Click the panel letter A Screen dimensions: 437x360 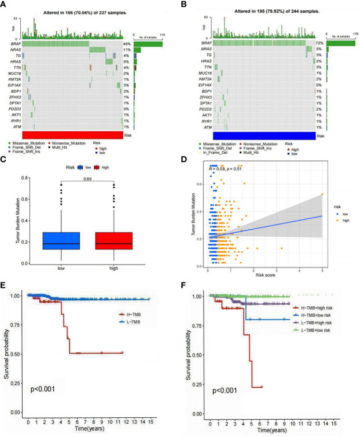tap(5, 5)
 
